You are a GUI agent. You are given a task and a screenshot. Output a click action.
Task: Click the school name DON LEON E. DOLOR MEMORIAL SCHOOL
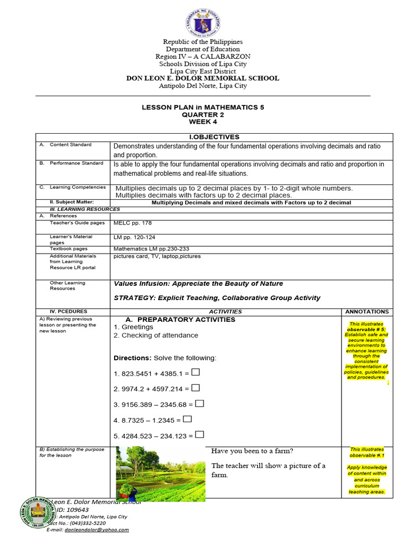pos(203,78)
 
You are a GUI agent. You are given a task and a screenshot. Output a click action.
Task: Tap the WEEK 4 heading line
pos(203,122)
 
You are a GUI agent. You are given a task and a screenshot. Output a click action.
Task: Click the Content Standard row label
pos(70,145)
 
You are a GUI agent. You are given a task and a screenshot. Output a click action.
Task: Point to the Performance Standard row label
pos(73,163)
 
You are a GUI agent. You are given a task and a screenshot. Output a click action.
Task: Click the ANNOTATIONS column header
pos(366,312)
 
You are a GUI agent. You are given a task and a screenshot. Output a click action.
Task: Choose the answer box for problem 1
pos(196,373)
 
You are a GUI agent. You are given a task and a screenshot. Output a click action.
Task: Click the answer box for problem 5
pos(199,435)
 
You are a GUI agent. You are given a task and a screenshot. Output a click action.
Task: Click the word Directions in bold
pos(133,358)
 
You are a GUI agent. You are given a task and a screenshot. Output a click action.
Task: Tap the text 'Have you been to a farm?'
pos(252,451)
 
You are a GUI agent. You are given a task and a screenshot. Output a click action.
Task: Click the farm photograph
pos(161,473)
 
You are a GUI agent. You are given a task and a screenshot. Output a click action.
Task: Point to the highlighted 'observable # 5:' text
pos(366,329)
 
